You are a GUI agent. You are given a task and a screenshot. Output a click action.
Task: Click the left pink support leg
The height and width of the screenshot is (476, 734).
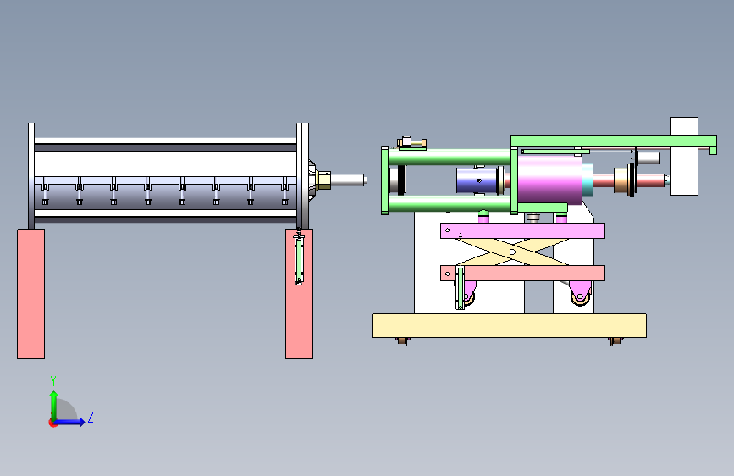pos(30,294)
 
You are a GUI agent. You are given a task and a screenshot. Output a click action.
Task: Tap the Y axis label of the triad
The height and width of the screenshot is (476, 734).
pos(53,381)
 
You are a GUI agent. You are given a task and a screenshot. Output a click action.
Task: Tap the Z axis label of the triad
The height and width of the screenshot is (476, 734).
pos(91,417)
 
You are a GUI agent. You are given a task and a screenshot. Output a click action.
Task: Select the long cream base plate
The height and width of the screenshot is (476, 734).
pos(509,325)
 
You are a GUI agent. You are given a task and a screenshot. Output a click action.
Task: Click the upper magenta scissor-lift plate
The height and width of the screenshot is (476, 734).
pos(522,231)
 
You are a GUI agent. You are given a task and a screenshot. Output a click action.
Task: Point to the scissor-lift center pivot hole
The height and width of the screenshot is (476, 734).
pos(512,252)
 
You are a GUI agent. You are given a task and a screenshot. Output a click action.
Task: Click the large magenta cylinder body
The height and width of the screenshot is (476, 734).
pos(550,180)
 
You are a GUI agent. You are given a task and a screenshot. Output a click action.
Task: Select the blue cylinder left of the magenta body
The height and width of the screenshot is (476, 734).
pos(477,180)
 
